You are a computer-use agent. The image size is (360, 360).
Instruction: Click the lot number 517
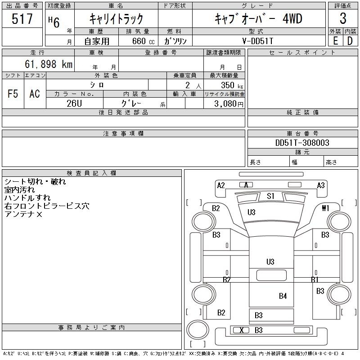point(22,18)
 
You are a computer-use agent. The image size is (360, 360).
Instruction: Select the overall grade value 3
point(343,18)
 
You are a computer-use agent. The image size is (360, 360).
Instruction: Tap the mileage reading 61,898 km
point(49,64)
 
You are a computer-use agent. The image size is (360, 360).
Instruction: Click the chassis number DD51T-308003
point(302,143)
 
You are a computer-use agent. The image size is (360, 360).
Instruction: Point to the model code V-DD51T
point(257,41)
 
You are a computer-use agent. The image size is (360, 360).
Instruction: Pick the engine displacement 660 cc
point(143,41)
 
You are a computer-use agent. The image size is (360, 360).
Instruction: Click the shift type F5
point(13,94)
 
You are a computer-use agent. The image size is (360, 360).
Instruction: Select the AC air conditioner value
point(35,94)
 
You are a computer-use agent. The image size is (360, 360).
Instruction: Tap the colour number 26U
point(74,103)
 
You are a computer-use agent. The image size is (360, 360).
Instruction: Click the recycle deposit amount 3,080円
point(229,104)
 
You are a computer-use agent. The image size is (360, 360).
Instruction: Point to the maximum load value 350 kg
point(232,85)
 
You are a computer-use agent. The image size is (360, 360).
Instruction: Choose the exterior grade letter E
point(335,41)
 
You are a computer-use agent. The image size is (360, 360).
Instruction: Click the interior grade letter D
point(350,41)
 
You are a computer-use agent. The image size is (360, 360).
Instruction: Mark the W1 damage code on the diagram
point(325,208)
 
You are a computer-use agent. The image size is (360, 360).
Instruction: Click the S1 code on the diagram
point(270,196)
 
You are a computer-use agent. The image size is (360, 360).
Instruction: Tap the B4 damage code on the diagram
point(283,296)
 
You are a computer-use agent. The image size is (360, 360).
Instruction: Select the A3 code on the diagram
point(321,185)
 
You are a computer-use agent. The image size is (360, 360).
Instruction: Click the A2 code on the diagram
point(221,185)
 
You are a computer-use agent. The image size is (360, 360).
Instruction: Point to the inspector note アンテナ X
point(23,214)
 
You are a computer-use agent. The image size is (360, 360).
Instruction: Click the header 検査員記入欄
point(91,173)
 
